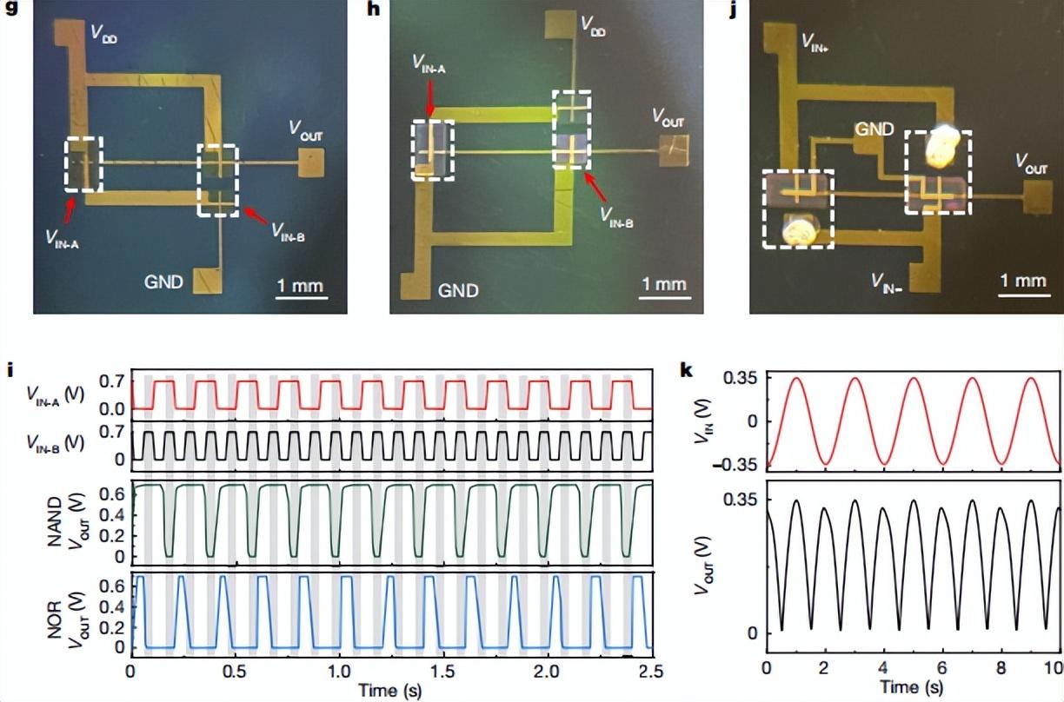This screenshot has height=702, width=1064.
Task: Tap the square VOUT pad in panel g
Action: pyautogui.click(x=312, y=162)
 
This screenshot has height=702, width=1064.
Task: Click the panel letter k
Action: pyautogui.click(x=687, y=371)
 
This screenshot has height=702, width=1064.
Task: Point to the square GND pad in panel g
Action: pyautogui.click(x=208, y=281)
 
